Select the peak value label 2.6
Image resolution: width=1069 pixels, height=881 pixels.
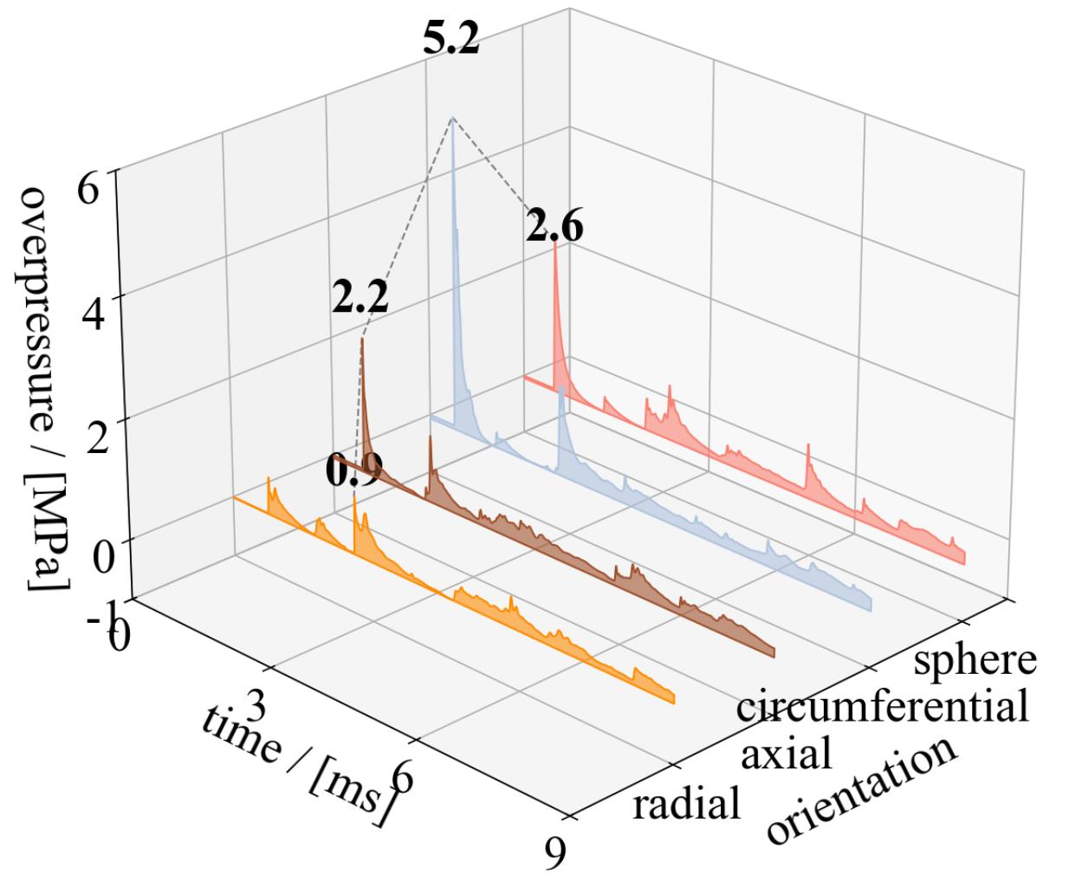coord(554,228)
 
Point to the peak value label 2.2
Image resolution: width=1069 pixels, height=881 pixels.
coord(360,300)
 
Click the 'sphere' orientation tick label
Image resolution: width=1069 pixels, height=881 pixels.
coord(975,659)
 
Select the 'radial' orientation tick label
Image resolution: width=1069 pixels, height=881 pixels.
coord(687,804)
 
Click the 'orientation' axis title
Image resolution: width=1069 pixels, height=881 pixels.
coord(862,791)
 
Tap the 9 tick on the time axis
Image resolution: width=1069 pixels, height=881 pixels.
coord(554,853)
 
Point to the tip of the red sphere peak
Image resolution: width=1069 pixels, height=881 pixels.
coord(554,243)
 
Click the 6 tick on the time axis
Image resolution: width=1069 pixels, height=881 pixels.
coord(400,779)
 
